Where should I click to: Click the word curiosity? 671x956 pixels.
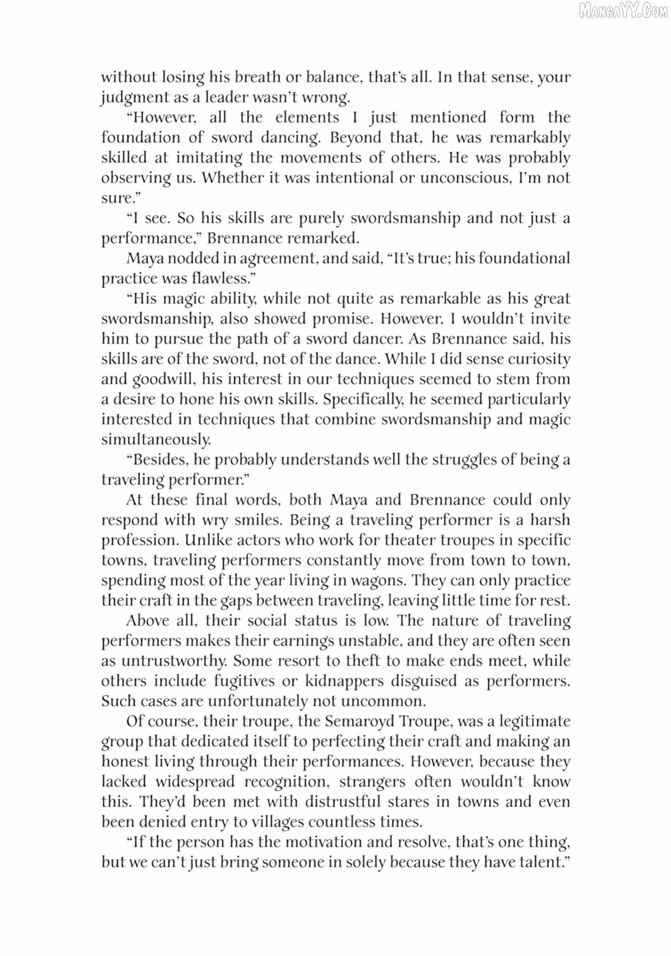(x=538, y=359)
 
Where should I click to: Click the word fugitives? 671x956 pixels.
(x=247, y=681)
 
